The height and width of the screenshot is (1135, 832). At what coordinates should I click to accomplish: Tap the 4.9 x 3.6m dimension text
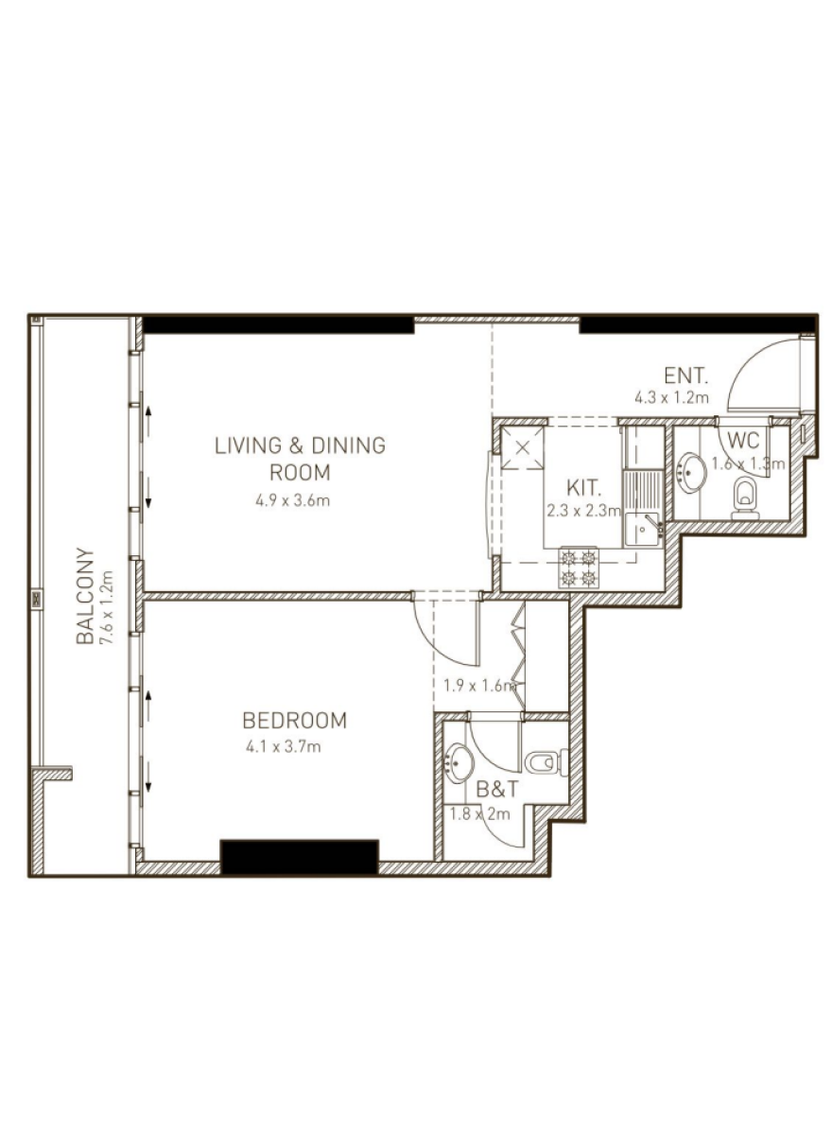(x=292, y=501)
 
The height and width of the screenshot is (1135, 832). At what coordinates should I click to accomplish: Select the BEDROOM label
(x=295, y=720)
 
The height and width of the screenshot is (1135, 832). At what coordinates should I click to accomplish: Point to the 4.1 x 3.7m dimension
(x=284, y=747)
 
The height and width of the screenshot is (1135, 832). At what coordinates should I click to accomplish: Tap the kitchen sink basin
(x=642, y=529)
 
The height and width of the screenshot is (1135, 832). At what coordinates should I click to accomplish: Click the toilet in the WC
(x=745, y=498)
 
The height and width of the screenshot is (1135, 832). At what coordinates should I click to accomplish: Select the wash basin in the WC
(x=690, y=473)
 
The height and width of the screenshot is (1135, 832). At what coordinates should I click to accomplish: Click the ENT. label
(x=685, y=376)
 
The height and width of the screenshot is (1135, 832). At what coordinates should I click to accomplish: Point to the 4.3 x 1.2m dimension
(x=671, y=398)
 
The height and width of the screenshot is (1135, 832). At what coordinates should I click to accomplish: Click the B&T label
(x=497, y=790)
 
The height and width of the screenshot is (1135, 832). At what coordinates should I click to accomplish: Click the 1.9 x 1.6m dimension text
(x=480, y=687)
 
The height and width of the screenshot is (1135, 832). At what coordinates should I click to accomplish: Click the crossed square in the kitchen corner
(x=523, y=448)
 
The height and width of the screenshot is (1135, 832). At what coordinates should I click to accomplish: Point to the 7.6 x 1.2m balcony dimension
(x=108, y=607)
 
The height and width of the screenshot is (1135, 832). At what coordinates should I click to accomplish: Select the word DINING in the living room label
(x=348, y=445)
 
